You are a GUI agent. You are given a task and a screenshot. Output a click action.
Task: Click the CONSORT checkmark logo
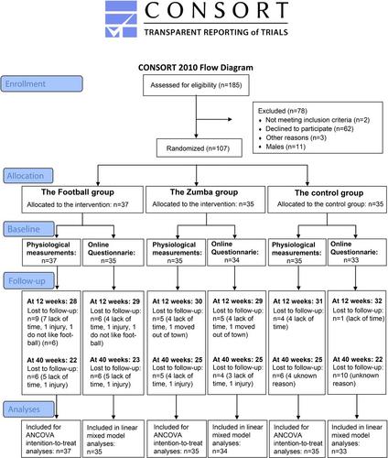coord(121,19)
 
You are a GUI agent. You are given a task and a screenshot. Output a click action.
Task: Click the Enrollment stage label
coord(41,83)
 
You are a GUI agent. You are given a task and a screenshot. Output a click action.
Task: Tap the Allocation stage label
coord(28,176)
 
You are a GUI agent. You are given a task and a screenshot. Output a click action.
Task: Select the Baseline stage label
coord(29,229)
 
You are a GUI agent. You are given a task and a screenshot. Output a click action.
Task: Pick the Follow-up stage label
coord(29,281)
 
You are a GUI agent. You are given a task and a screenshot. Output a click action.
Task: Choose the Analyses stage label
coord(29,409)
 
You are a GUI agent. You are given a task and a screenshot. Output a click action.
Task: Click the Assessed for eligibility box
coord(196,85)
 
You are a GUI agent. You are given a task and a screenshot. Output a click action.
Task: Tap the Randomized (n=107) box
coord(199,148)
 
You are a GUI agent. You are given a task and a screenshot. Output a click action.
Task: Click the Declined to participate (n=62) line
coord(307,129)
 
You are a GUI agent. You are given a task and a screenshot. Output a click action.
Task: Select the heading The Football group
coord(78,192)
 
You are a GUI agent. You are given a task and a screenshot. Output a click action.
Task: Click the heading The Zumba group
coord(204,192)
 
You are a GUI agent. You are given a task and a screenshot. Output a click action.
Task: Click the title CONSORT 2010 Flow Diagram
coord(196,68)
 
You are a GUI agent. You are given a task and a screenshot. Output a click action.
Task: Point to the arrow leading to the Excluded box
coord(214,119)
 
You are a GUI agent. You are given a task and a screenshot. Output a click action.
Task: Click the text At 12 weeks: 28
coord(52,301)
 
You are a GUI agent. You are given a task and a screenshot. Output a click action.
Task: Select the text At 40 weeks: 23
coord(114,360)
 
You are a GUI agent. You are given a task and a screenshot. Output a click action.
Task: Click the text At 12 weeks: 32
coord(357,301)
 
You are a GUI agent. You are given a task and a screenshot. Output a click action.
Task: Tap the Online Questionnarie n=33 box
coord(357,252)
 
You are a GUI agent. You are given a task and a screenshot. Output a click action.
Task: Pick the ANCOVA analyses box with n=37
coord(51,439)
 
